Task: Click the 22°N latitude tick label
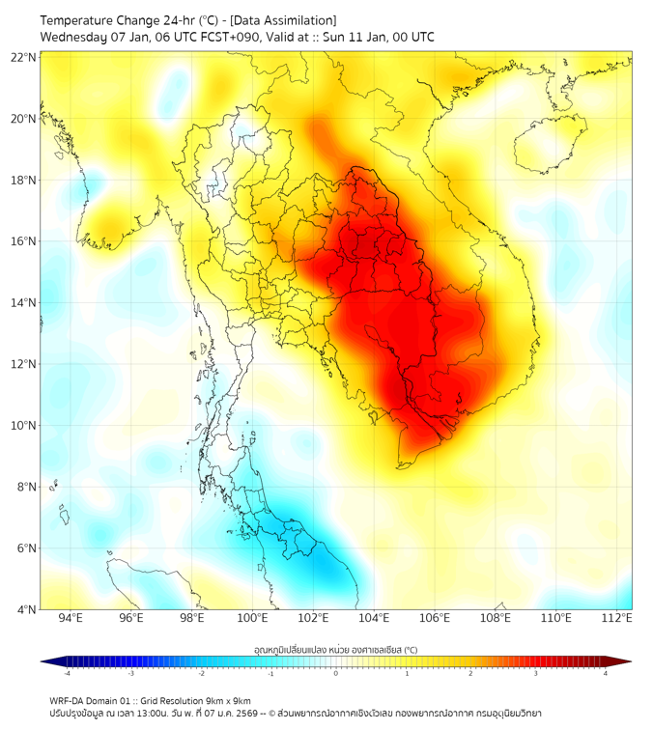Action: pyautogui.click(x=24, y=57)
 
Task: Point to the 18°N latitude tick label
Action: pyautogui.click(x=24, y=180)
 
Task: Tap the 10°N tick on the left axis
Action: pyautogui.click(x=24, y=425)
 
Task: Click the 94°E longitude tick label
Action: pyautogui.click(x=71, y=618)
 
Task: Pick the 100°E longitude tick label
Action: pyautogui.click(x=252, y=618)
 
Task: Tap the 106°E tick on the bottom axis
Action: pyautogui.click(x=435, y=618)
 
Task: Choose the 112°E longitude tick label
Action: pyautogui.click(x=617, y=618)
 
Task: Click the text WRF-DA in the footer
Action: pyautogui.click(x=69, y=700)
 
